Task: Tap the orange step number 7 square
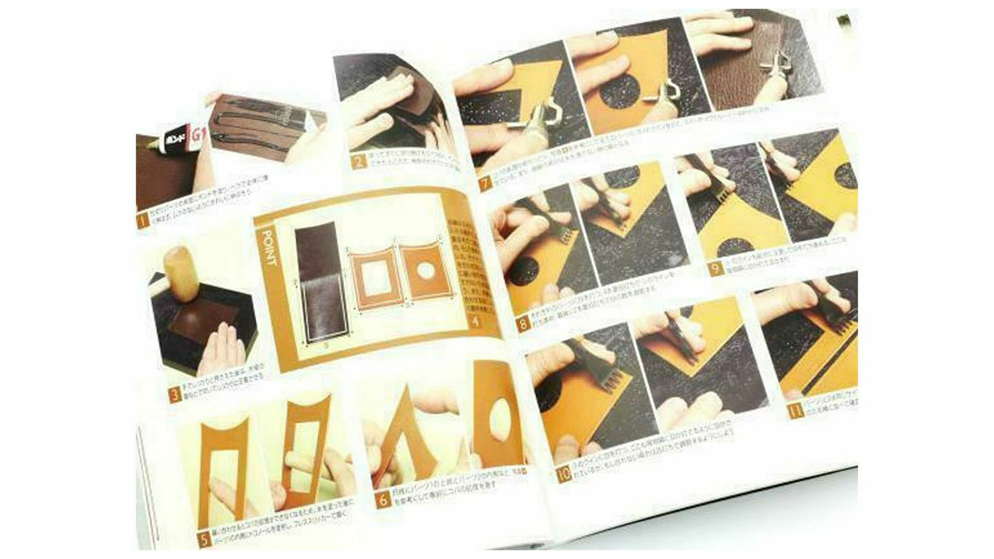click(485, 181)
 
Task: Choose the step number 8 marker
click(522, 323)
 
